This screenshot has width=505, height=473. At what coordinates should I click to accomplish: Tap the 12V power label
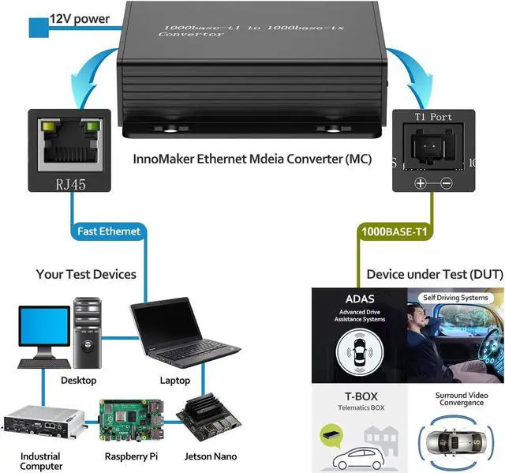pos(80,17)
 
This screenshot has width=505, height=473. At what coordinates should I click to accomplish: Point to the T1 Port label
pos(433,117)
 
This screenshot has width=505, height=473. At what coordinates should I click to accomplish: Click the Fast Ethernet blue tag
pos(109,231)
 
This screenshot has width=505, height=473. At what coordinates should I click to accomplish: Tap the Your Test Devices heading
pos(86,274)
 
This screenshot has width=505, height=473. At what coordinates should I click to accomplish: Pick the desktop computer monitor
pos(43,331)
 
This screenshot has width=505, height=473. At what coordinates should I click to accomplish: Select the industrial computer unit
pos(43,423)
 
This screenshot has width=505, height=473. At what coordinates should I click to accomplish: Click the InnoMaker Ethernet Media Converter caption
pos(251,160)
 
